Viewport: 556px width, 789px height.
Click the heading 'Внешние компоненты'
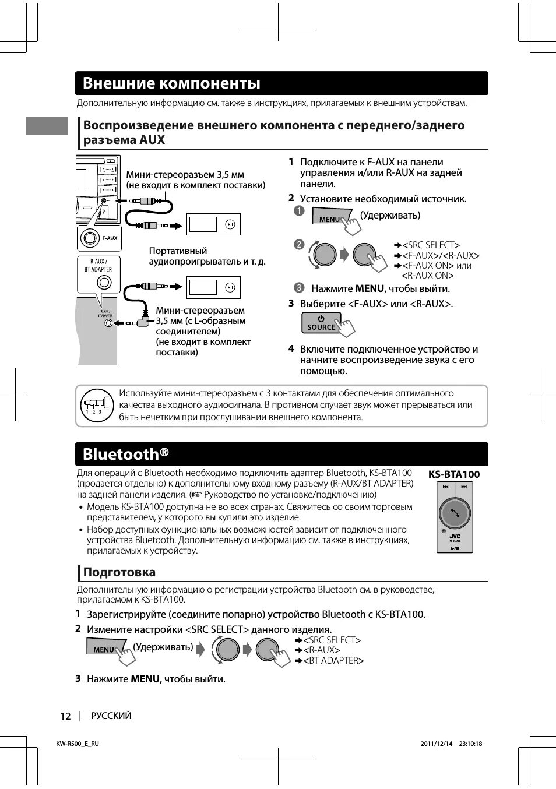click(x=171, y=83)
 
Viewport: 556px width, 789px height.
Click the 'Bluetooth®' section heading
click(x=125, y=454)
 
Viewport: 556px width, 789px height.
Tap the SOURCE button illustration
click(x=321, y=323)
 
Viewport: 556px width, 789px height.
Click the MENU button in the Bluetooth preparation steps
click(x=105, y=649)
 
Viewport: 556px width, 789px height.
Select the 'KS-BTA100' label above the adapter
click(x=454, y=474)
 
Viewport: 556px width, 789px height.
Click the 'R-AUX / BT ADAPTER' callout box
click(x=98, y=274)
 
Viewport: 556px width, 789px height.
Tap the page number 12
click(x=65, y=716)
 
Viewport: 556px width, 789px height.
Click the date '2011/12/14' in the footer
click(x=436, y=744)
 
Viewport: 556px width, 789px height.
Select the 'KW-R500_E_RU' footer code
click(x=78, y=744)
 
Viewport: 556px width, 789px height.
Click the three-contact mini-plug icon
click(x=96, y=405)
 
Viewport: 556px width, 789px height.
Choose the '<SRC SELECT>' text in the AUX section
click(x=431, y=245)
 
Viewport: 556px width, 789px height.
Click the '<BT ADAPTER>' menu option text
click(x=333, y=661)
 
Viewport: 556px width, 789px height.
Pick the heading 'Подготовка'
click(x=119, y=572)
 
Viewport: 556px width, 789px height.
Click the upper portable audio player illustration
click(x=213, y=224)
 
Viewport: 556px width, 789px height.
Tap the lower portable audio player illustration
click(x=213, y=287)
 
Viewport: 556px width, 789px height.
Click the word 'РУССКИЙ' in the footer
click(x=111, y=716)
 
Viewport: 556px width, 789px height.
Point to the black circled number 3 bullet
click(x=299, y=287)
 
